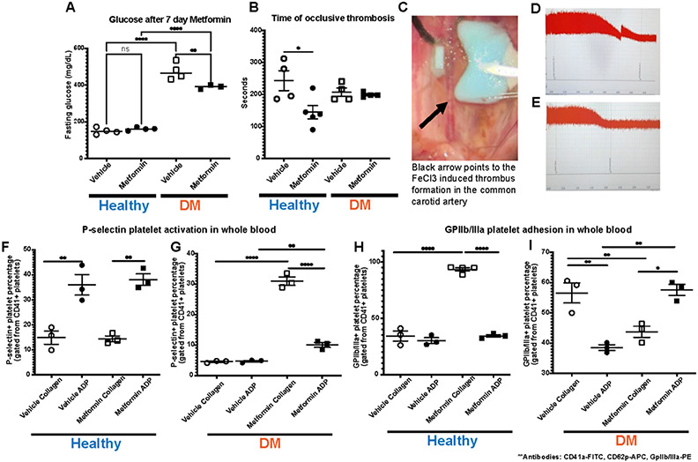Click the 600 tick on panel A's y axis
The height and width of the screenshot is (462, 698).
[x=75, y=48]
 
